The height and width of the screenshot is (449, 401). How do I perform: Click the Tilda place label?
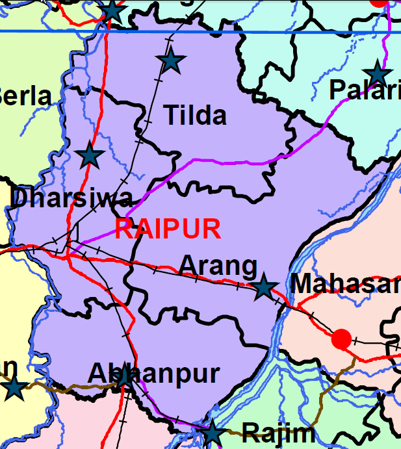click(x=195, y=116)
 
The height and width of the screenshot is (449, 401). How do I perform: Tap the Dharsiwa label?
click(x=72, y=198)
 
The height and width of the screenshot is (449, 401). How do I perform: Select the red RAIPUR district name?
click(x=168, y=229)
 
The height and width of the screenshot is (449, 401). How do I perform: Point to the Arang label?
click(x=218, y=266)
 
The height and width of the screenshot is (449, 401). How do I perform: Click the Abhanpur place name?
click(x=153, y=374)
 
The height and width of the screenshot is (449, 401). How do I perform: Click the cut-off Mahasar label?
click(x=345, y=284)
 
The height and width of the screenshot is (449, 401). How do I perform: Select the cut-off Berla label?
click(x=25, y=96)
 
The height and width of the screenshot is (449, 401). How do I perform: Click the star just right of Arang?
click(x=263, y=287)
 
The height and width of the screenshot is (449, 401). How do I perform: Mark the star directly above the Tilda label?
click(x=171, y=61)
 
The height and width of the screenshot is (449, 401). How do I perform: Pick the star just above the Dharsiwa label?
click(x=90, y=156)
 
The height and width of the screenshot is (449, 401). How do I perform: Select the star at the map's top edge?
click(x=112, y=10)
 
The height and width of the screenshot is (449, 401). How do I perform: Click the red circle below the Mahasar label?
click(x=341, y=339)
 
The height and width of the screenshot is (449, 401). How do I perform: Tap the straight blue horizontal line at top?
click(x=260, y=31)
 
